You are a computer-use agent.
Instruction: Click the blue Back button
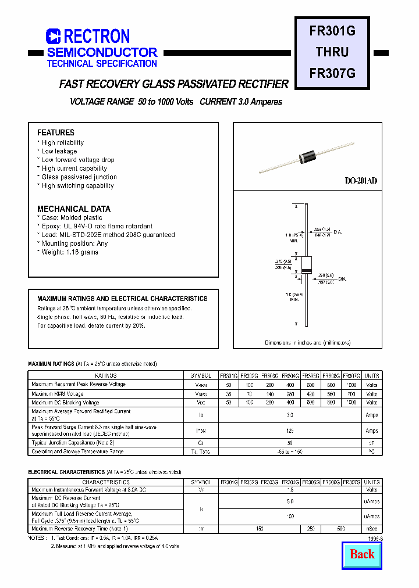(362, 554)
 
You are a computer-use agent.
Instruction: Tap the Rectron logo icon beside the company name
(54, 37)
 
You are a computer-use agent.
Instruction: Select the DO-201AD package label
(361, 181)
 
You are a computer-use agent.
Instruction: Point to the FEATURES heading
(56, 132)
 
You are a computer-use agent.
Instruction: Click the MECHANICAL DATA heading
(74, 209)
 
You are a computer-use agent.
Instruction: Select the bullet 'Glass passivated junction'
(79, 177)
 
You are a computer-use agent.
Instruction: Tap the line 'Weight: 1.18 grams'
(70, 252)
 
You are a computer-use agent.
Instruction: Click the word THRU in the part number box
(332, 52)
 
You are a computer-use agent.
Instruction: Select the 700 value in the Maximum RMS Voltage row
(351, 393)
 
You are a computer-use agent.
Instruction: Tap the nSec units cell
(372, 529)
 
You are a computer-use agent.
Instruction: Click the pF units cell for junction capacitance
(372, 443)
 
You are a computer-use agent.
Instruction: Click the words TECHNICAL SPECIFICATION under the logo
(102, 64)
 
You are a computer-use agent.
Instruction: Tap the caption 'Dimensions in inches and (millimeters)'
(308, 343)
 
